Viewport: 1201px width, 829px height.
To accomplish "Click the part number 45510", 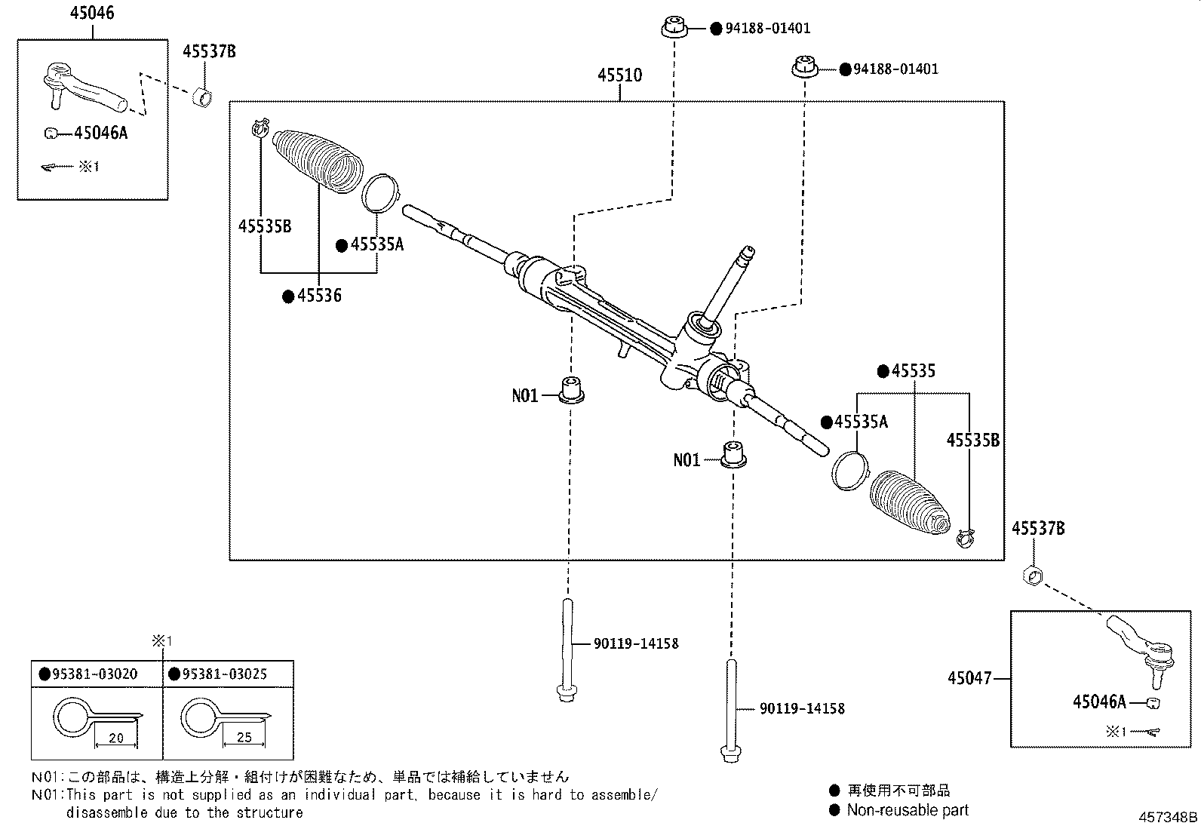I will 619,75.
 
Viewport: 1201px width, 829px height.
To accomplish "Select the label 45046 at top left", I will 92,13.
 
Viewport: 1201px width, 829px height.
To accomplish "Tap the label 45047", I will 969,678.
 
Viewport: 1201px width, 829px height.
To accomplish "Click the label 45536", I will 318,296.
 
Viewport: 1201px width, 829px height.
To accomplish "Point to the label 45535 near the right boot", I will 913,371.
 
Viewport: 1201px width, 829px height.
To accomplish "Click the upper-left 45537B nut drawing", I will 202,97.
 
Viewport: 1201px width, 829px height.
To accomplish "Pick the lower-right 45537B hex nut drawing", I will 1032,576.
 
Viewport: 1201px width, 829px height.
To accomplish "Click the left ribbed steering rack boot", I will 317,157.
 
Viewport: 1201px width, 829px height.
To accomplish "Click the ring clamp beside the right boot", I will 849,470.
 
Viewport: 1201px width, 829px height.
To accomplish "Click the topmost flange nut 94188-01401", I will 673,28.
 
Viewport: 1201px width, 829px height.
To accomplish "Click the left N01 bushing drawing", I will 573,390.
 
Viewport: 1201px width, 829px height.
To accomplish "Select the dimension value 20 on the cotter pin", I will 115,738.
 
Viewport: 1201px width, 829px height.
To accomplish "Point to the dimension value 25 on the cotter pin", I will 244,738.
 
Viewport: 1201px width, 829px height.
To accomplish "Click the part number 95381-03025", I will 223,674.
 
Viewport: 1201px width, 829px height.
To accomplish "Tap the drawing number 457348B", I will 1168,818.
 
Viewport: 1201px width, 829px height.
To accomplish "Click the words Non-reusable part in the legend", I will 907,811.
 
